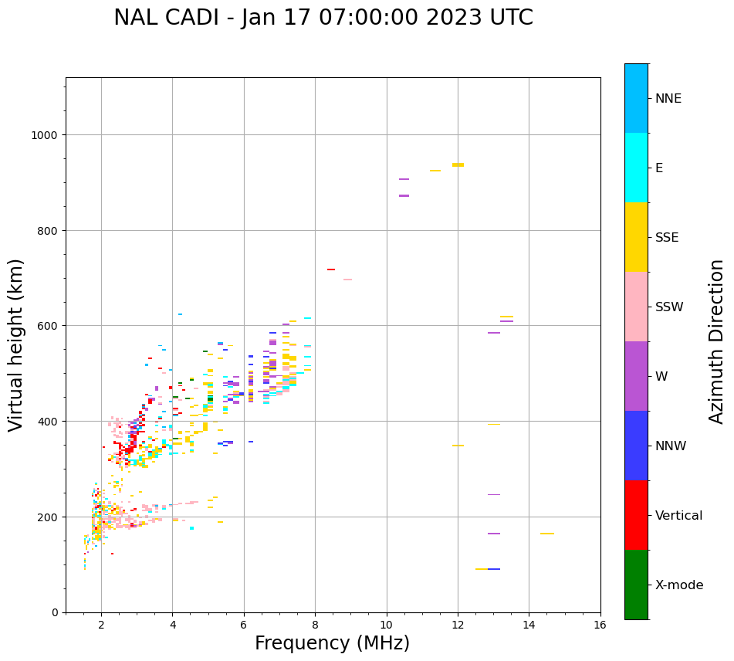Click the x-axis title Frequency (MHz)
(332, 643)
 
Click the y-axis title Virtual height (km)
(16, 344)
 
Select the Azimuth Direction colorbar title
(717, 341)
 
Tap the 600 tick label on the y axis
(48, 326)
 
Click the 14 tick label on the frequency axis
(529, 625)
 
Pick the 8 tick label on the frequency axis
(315, 625)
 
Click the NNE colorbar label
(668, 98)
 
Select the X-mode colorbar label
(679, 585)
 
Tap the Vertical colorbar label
(679, 515)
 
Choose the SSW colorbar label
(669, 307)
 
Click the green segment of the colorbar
(636, 585)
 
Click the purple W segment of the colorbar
(636, 376)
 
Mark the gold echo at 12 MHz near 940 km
(458, 164)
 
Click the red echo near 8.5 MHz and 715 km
(331, 269)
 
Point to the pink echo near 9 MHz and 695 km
(347, 280)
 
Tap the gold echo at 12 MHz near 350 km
(458, 446)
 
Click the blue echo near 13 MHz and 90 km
(494, 569)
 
